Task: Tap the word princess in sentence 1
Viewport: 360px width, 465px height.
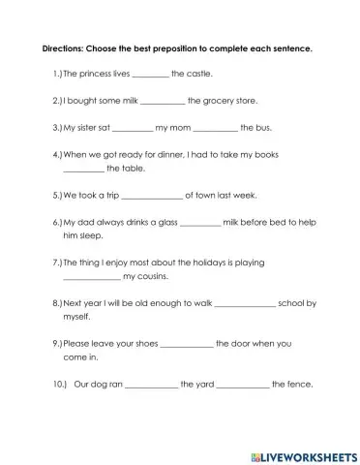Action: pyautogui.click(x=98, y=73)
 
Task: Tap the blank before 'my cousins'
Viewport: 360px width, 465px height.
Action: pyautogui.click(x=91, y=278)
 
